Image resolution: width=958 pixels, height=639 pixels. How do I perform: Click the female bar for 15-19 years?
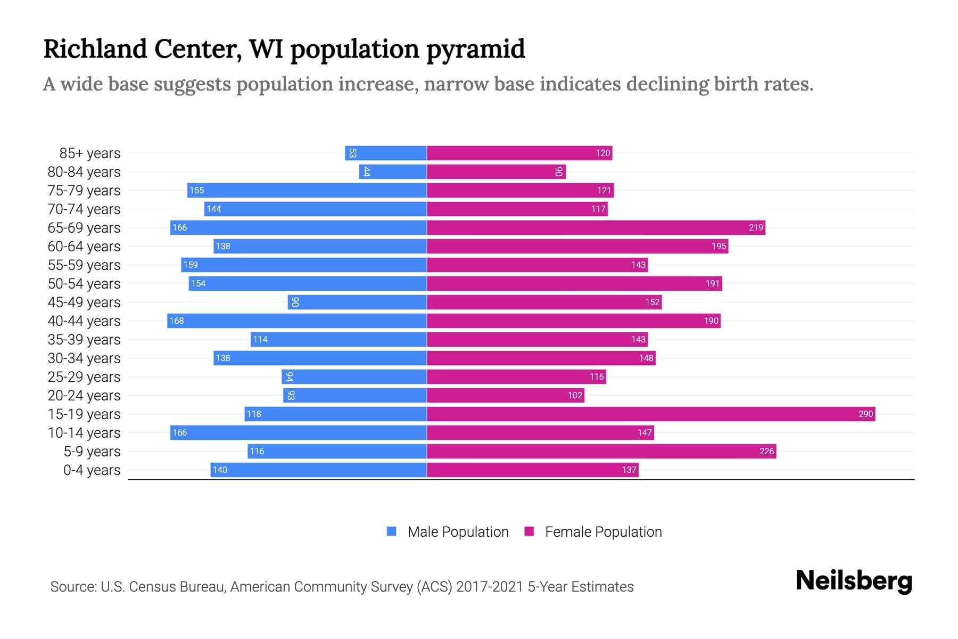[x=650, y=414]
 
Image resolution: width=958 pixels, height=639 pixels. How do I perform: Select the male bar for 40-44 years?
[x=297, y=321]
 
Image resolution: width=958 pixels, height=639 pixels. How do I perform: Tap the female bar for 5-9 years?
[x=601, y=451]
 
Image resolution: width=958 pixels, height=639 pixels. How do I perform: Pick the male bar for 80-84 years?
[x=393, y=171]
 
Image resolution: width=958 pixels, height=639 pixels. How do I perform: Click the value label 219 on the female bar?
[x=756, y=227]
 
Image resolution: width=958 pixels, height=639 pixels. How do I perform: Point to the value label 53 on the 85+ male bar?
[x=352, y=153]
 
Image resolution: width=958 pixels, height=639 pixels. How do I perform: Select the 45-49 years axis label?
[x=84, y=302]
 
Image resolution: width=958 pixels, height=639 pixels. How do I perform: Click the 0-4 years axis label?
[x=92, y=470]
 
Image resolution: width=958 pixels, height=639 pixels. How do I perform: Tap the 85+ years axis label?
[x=90, y=153]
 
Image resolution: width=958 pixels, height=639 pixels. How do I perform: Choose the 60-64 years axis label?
[x=84, y=246]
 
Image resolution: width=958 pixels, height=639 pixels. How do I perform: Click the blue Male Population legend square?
[x=392, y=531]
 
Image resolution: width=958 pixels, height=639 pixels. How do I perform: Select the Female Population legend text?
[x=603, y=531]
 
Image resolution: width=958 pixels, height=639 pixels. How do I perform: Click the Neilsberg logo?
[x=854, y=580]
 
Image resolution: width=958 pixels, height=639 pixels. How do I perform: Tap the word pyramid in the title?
[x=475, y=49]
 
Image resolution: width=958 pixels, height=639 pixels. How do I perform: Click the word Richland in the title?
[x=95, y=49]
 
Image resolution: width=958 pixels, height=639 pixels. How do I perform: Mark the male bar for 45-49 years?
[x=357, y=302]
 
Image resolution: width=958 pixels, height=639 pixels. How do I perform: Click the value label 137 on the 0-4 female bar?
[x=629, y=470]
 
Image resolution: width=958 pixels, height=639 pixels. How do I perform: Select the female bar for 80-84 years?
[x=496, y=171]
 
